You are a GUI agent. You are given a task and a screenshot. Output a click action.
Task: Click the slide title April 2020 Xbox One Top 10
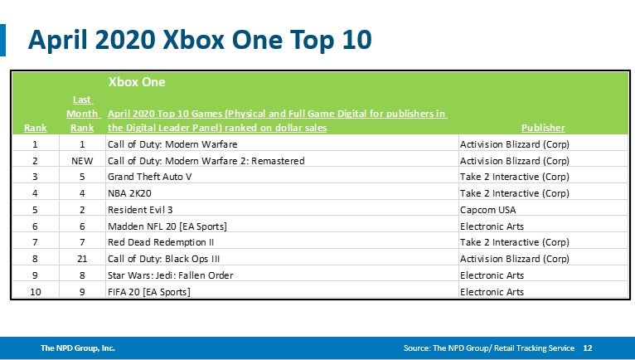point(199,40)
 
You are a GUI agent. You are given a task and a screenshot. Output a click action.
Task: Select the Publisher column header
point(543,128)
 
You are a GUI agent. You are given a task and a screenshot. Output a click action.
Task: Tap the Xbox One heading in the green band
point(137,82)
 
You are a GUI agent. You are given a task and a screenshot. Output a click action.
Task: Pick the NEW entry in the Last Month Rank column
point(82,160)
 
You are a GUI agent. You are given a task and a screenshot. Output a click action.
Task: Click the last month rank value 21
point(82,259)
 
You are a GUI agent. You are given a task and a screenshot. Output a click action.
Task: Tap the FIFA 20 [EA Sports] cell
point(149,291)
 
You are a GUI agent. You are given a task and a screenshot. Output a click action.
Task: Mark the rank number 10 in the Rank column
point(35,291)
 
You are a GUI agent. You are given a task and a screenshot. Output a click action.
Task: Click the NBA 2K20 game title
point(131,193)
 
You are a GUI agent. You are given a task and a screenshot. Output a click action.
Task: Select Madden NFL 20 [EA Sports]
point(167,226)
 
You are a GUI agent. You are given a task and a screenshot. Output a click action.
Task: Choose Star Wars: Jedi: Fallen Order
point(171,275)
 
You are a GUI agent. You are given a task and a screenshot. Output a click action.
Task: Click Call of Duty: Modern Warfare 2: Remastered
point(206,160)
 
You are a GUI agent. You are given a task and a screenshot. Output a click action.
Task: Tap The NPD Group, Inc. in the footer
point(78,348)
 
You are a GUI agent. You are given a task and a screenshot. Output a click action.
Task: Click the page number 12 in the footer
point(588,348)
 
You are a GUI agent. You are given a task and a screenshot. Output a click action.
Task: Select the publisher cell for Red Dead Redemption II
point(514,242)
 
